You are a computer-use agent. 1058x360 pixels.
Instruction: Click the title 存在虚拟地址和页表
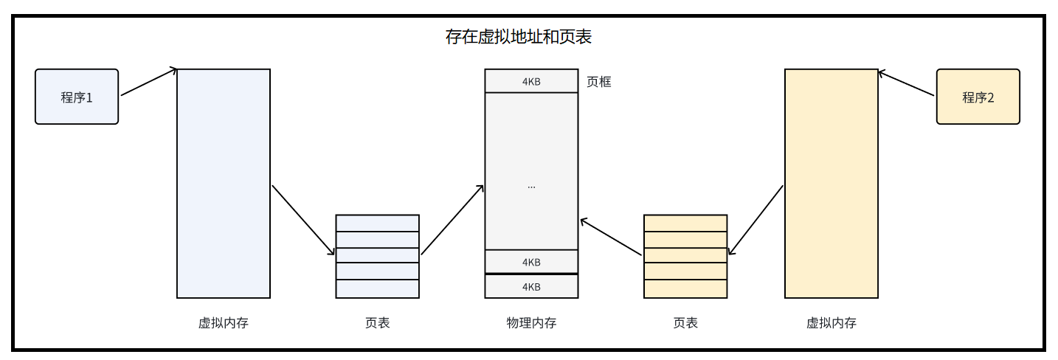[519, 37]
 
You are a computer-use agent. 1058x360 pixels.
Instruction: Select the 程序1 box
[77, 97]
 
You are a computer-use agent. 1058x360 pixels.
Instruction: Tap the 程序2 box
[978, 97]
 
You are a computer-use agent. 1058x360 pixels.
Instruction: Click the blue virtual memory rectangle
[224, 184]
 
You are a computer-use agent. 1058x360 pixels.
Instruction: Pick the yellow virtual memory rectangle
[831, 184]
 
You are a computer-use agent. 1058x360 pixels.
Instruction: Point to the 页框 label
[598, 82]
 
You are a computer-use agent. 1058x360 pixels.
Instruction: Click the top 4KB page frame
[531, 81]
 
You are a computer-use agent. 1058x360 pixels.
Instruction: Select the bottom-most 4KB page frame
[531, 286]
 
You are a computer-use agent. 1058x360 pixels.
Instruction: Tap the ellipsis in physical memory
[531, 187]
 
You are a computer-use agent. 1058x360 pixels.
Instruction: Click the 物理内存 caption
[531, 323]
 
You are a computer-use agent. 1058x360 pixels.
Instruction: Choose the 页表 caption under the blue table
[377, 323]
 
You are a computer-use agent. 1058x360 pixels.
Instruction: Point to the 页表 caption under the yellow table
[685, 323]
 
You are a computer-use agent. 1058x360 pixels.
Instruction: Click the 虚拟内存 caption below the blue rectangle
[224, 323]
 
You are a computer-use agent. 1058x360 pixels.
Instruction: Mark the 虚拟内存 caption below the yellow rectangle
[831, 323]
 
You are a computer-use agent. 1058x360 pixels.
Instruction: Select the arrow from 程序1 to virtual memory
[149, 82]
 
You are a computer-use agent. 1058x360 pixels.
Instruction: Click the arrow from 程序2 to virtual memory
[906, 83]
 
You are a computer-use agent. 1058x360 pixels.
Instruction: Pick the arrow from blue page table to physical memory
[452, 220]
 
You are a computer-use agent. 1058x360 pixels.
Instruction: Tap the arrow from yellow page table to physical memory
[611, 237]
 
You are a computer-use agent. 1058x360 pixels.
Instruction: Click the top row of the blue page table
[377, 223]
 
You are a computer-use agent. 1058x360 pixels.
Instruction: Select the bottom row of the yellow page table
[685, 288]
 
